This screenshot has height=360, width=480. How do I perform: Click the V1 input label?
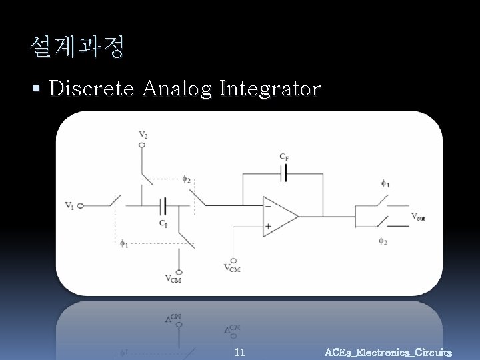click(69, 205)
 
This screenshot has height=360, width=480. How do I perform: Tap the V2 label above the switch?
click(143, 135)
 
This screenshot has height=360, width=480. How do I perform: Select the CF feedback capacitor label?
click(285, 157)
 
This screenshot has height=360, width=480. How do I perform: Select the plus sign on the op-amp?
click(268, 225)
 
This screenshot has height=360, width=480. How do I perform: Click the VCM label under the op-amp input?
click(233, 268)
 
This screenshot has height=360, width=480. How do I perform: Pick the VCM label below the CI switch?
click(173, 279)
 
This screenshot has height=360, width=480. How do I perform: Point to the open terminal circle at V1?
click(80, 206)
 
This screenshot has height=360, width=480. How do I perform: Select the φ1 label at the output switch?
click(385, 183)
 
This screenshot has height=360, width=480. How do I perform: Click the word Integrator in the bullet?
click(270, 89)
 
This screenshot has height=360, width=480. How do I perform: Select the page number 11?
click(240, 351)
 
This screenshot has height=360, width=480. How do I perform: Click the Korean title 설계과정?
click(76, 47)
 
